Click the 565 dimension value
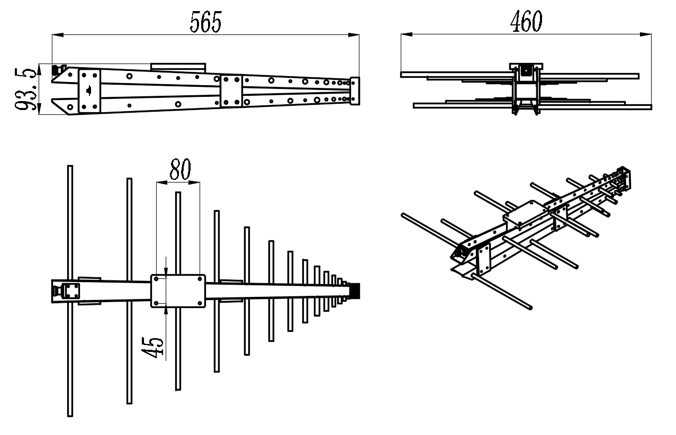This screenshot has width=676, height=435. [x=206, y=22]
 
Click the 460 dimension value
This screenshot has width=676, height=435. [x=526, y=21]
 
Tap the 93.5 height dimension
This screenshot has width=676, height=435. [x=25, y=89]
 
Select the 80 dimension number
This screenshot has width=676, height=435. [x=180, y=169]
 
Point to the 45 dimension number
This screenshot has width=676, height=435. [x=152, y=347]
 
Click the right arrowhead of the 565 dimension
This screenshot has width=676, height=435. [x=354, y=35]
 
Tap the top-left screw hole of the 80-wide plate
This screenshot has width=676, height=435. [x=156, y=279]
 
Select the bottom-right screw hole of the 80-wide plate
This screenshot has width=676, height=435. [x=200, y=303]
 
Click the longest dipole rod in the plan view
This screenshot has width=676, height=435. [x=70, y=291]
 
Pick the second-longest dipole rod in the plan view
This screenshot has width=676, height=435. [x=129, y=291]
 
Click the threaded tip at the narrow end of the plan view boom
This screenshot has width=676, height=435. [x=355, y=291]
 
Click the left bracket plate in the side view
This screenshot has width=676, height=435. [x=89, y=91]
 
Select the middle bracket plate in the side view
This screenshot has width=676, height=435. [x=231, y=91]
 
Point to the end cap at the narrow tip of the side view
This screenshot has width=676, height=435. [x=355, y=91]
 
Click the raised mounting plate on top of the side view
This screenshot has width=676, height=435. [x=178, y=67]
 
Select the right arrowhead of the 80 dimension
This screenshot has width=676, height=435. [x=194, y=183]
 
